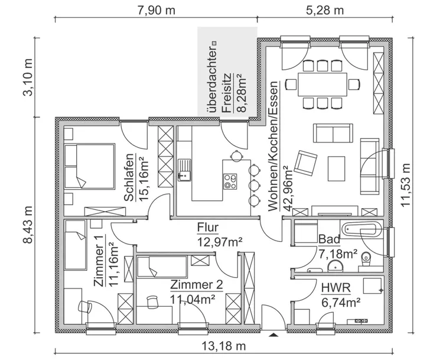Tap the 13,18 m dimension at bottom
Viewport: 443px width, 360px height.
226,346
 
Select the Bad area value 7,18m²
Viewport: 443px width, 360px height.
338,254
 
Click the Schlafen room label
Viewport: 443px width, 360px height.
128,177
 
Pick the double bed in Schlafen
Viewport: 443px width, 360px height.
90,166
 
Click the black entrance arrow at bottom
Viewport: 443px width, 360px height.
272,335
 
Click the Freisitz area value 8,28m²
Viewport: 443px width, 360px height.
242,93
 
